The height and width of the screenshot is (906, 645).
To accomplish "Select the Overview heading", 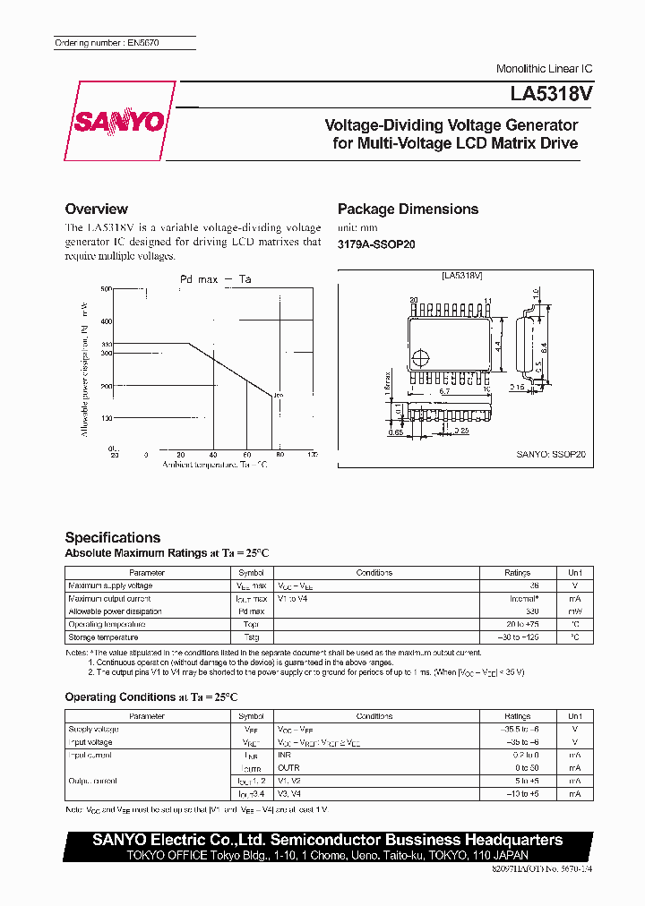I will pyautogui.click(x=97, y=209).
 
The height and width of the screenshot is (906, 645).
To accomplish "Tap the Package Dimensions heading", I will pyautogui.click(x=408, y=209).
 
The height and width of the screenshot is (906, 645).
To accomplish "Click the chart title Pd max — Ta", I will pyautogui.click(x=215, y=279).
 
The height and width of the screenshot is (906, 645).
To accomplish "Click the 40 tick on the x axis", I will pyautogui.click(x=213, y=455).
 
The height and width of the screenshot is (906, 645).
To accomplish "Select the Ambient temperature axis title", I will pyautogui.click(x=214, y=465).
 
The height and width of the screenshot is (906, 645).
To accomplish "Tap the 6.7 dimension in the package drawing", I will pyautogui.click(x=444, y=391).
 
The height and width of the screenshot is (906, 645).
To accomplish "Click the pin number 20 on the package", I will pyautogui.click(x=413, y=301).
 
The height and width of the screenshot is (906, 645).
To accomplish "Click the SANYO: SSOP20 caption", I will pyautogui.click(x=550, y=454).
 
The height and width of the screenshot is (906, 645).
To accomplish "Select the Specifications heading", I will pyautogui.click(x=113, y=537).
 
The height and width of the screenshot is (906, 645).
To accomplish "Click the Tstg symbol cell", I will pyautogui.click(x=251, y=637).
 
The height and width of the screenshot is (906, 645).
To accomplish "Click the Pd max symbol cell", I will pyautogui.click(x=251, y=611).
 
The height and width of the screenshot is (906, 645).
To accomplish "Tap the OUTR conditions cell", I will pyautogui.click(x=288, y=768).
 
